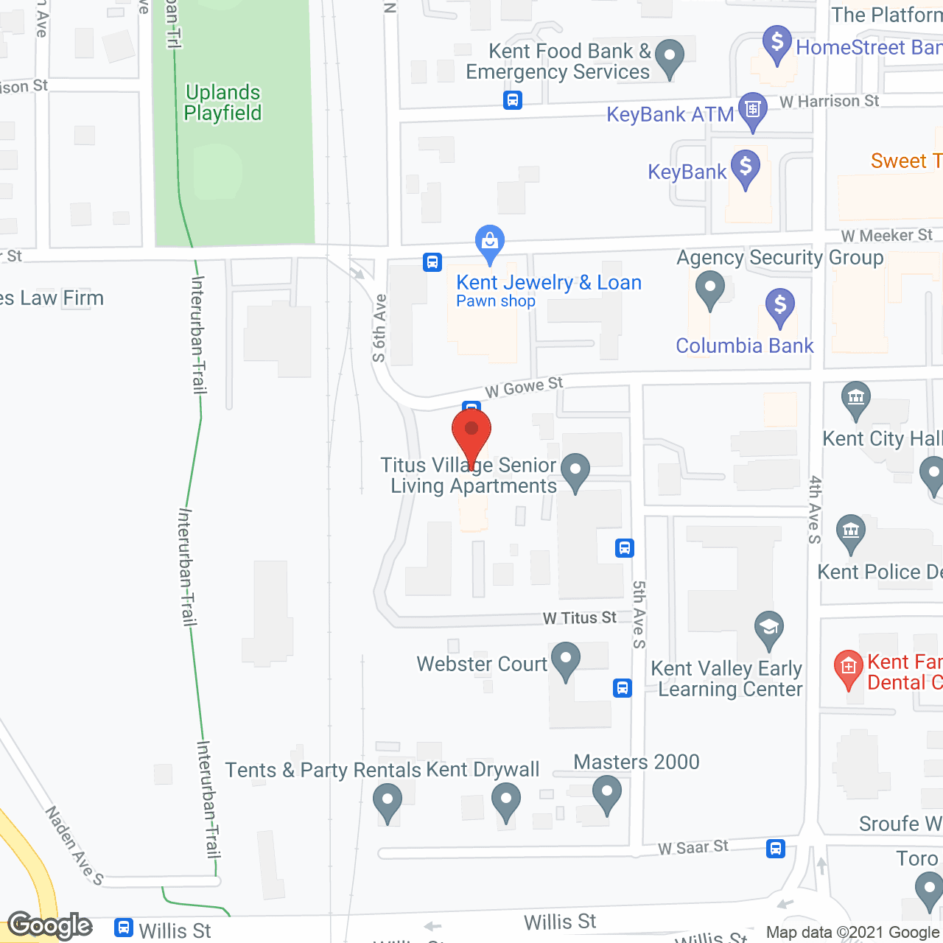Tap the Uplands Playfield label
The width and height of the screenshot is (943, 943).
222,102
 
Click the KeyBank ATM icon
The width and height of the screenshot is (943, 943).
752,111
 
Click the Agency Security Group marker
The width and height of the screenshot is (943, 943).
709,289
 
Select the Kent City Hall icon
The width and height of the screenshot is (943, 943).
855,399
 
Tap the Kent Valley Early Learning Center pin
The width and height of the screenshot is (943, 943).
769,629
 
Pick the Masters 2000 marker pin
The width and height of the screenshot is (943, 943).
607,796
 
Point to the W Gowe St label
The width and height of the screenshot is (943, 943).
524,387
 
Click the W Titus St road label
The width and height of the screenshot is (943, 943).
580,618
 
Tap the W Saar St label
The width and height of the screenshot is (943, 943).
693,847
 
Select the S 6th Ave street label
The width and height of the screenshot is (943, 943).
379,328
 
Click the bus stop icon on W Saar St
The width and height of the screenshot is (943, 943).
775,848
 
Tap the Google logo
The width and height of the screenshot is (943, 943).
50,925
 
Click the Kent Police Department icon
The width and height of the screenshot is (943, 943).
851,532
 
